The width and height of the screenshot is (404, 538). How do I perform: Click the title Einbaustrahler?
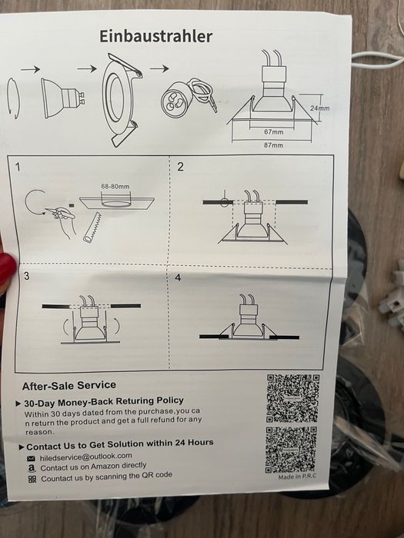pyautogui.click(x=156, y=36)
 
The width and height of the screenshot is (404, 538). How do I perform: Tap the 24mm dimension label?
pyautogui.click(x=319, y=108)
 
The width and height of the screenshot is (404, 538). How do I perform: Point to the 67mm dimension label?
pyautogui.click(x=274, y=131)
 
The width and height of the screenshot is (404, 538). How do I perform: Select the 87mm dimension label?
pyautogui.click(x=273, y=145)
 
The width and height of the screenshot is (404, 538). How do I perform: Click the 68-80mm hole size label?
pyautogui.click(x=115, y=187)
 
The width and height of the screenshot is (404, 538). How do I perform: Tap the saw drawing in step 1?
pyautogui.click(x=92, y=227)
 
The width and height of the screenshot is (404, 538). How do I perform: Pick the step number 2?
pyautogui.click(x=180, y=167)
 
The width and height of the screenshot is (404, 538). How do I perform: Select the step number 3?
pyautogui.click(x=27, y=276)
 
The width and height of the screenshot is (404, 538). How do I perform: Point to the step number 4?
pyautogui.click(x=178, y=277)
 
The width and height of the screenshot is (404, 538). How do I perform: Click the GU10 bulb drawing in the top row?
pyautogui.click(x=63, y=98)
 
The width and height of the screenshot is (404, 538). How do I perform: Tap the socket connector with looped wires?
pyautogui.click(x=189, y=98)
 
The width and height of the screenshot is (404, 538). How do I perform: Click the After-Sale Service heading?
pyautogui.click(x=69, y=386)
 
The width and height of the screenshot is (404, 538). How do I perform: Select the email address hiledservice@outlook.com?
pyautogui.click(x=86, y=457)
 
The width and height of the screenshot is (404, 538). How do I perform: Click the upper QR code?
pyautogui.click(x=293, y=398)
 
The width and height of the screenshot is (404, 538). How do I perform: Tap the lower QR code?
pyautogui.click(x=291, y=450)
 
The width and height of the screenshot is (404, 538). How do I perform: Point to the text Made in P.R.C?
pyautogui.click(x=297, y=477)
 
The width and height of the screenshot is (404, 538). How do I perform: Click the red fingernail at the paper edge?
pyautogui.click(x=7, y=267)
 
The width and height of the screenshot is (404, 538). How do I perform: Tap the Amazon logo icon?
pyautogui.click(x=32, y=468)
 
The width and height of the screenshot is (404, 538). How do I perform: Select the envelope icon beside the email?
pyautogui.click(x=31, y=458)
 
